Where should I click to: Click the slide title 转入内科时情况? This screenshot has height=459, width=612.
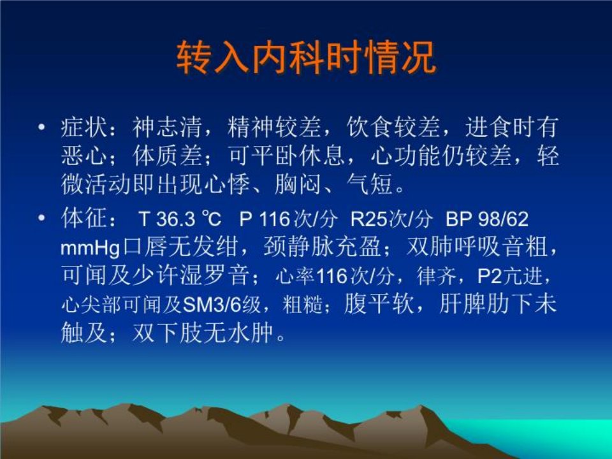pos(306,58)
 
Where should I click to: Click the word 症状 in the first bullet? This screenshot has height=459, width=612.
pos(84,127)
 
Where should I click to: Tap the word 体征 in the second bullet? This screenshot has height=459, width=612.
pos(84,218)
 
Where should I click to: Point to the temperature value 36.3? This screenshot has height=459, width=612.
pos(176,219)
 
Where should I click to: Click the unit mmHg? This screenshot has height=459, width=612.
pos(90,247)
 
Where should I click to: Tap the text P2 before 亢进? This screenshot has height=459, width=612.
pos(490,276)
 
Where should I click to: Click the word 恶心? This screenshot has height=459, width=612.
pos(84,156)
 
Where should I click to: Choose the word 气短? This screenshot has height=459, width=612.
pos(370,184)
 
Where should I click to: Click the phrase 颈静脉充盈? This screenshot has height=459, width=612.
pos(323,247)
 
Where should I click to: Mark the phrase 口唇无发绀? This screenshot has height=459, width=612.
pos(180,247)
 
